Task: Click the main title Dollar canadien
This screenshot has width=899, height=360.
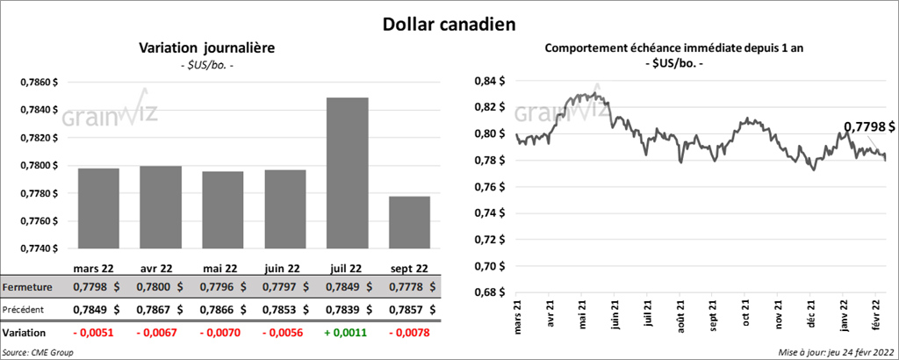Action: pos(449,22)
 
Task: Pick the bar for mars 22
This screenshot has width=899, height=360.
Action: pos(97,207)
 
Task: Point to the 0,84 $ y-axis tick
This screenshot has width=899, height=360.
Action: pos(488,81)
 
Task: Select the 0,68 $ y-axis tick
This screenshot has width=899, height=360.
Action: pos(488,292)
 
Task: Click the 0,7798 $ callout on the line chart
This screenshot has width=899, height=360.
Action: pos(869,127)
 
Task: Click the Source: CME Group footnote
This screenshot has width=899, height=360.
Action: pos(38,352)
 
